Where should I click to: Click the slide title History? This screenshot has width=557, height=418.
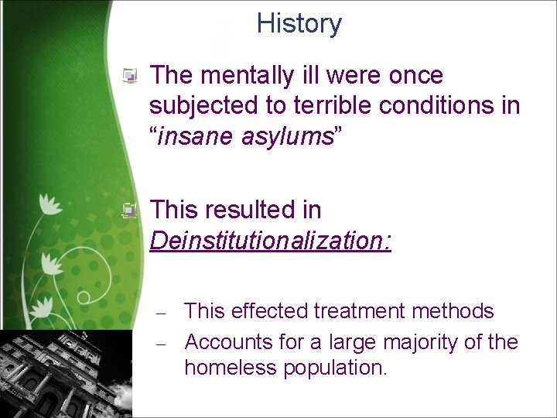pos(299,24)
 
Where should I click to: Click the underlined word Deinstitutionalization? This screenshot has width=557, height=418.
pos(270,241)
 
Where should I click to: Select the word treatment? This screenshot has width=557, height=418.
pos(363,311)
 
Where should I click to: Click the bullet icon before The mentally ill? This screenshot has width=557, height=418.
pos(132,76)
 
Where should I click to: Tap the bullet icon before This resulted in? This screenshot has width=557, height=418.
pos(132,210)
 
